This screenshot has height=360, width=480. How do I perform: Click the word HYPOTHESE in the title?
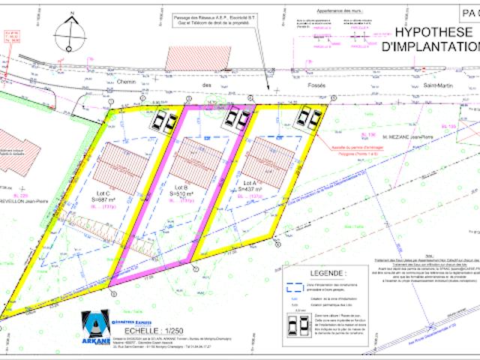pos(431,33)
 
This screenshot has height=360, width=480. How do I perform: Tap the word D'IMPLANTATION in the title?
pos(430,46)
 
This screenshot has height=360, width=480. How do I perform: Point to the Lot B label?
pos(180,187)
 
